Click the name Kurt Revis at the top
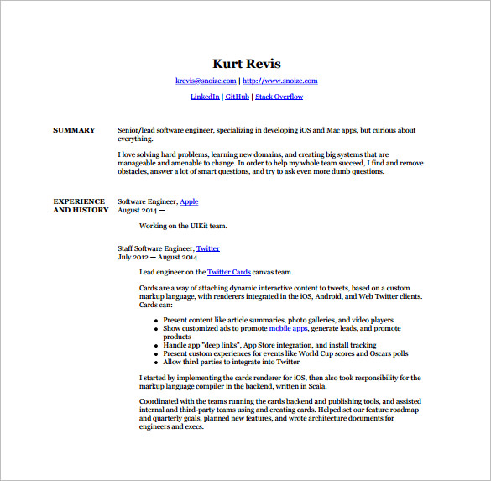[x=246, y=64]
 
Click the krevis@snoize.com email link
[x=206, y=81]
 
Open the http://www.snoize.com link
[x=280, y=81]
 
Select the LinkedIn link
[x=205, y=97]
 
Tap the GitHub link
[x=237, y=97]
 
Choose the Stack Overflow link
[x=279, y=97]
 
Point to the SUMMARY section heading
[x=74, y=130]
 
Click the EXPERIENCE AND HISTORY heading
[x=80, y=206]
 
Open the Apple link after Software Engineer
[x=189, y=201]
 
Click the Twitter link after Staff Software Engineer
[x=207, y=248]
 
